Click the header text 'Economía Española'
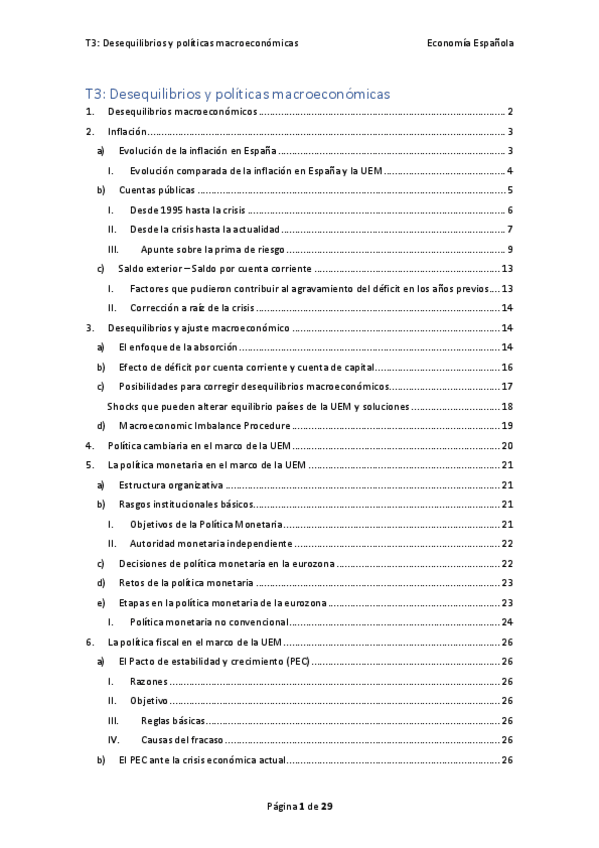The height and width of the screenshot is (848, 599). (469, 43)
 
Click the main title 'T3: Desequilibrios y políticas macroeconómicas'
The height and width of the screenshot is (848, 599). (237, 93)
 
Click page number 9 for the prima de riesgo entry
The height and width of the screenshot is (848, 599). (510, 249)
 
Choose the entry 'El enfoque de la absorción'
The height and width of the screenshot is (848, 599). (178, 346)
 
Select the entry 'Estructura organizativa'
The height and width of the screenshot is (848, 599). (166, 484)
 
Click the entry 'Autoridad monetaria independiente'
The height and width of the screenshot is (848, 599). (211, 543)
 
